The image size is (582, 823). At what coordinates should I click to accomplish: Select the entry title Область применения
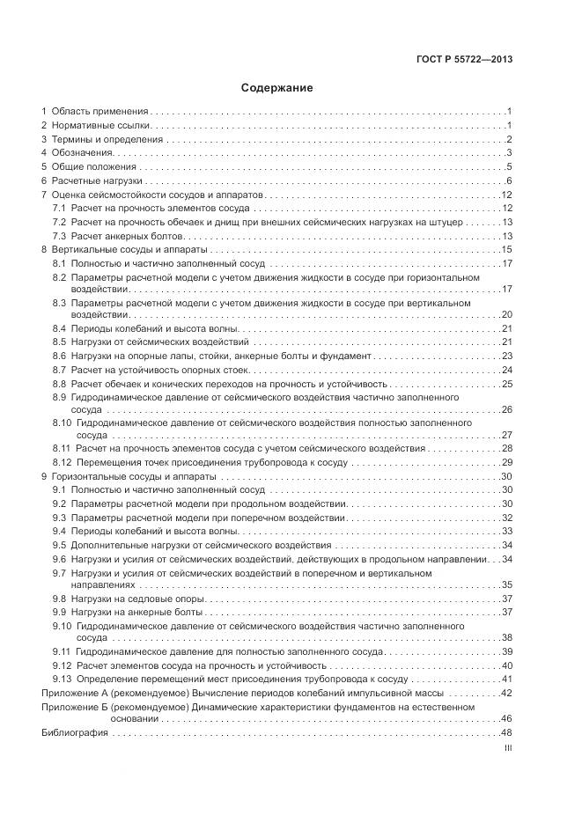(x=99, y=112)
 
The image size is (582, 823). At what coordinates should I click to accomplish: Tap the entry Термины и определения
(x=107, y=140)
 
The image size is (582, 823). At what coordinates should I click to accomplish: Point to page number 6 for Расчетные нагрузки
(x=509, y=181)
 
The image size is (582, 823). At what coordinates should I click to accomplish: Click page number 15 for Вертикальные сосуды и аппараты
(x=506, y=251)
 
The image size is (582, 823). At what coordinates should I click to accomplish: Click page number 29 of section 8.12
(x=506, y=462)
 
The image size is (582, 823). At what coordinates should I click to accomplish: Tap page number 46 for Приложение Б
(x=506, y=719)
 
